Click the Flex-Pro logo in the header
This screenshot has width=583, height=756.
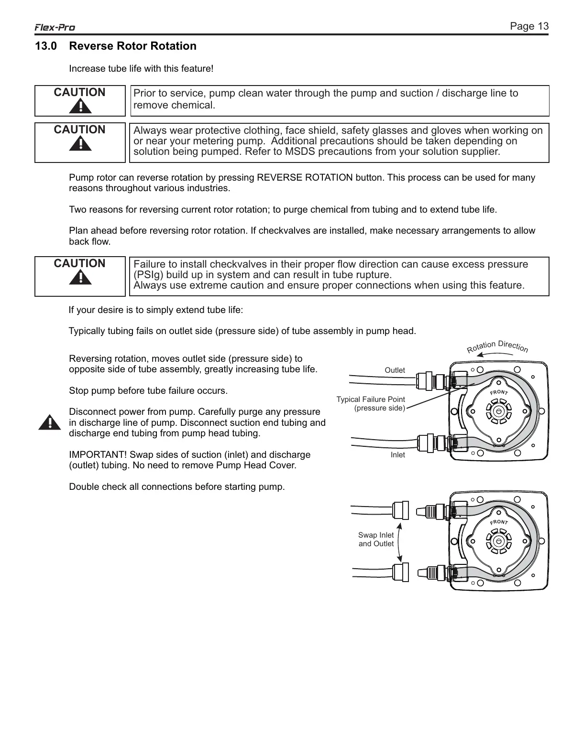click(x=55, y=28)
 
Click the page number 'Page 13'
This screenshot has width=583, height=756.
click(x=529, y=26)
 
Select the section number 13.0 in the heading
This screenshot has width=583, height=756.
click(x=45, y=46)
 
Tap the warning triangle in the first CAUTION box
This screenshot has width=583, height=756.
click(x=80, y=106)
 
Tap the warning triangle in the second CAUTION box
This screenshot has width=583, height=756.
click(x=80, y=143)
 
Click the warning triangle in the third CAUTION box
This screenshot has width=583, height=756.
click(x=80, y=277)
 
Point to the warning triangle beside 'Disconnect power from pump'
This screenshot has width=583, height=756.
click(x=49, y=422)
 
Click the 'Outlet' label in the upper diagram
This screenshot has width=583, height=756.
click(x=395, y=370)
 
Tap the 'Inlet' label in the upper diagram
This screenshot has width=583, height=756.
click(x=397, y=455)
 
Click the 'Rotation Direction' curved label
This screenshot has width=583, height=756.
click(x=497, y=346)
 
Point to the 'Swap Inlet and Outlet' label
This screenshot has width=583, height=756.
click(x=376, y=540)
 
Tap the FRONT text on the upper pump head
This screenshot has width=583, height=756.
click(x=499, y=392)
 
